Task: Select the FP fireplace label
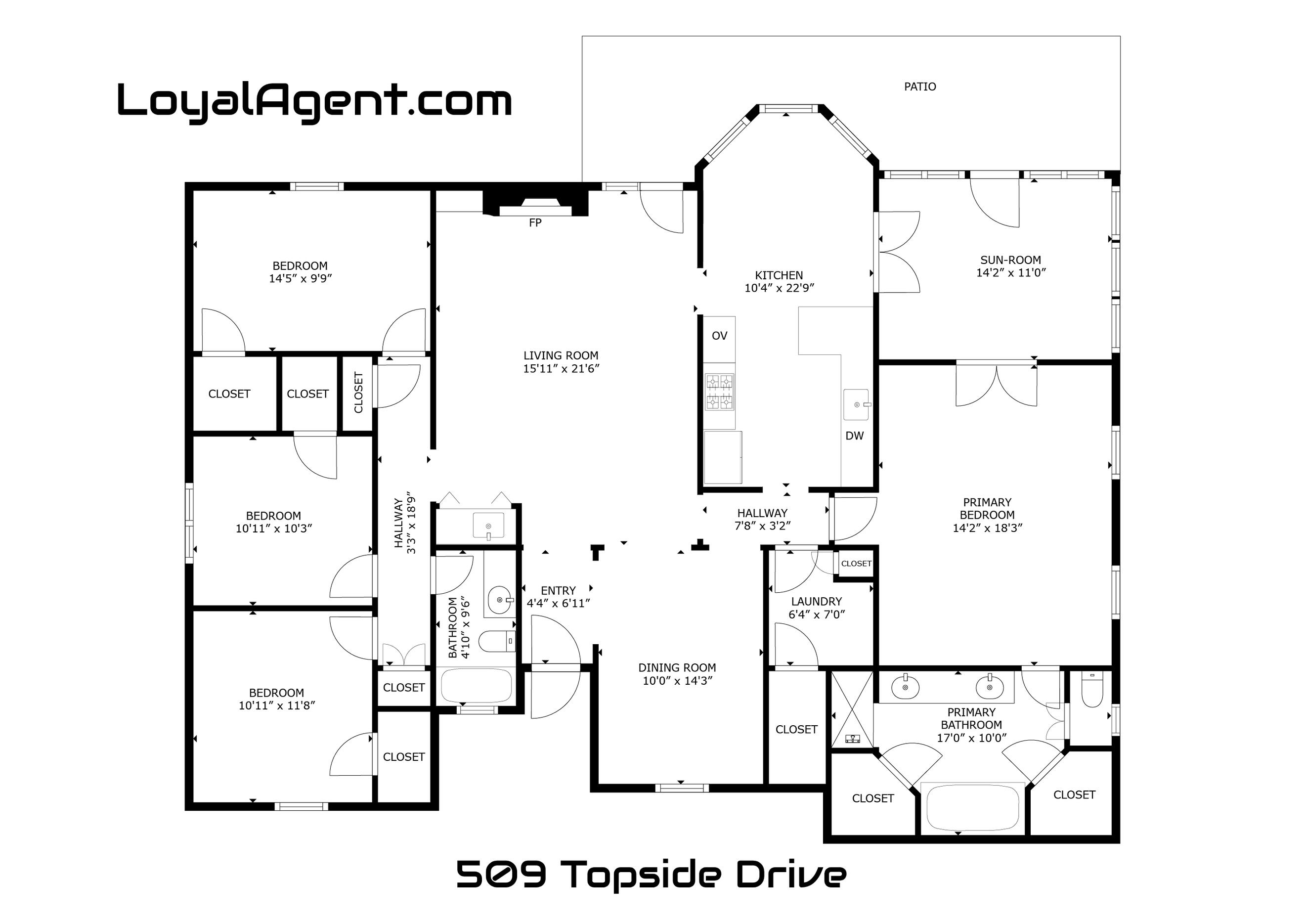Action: [535, 223]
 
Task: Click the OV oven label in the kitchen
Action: [719, 336]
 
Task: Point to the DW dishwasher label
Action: [854, 436]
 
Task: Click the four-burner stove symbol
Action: [720, 392]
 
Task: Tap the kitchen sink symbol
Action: [857, 403]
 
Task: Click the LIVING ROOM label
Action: [561, 356]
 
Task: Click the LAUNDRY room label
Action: [816, 601]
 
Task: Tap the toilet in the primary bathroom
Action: [1092, 690]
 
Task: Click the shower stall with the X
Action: [852, 709]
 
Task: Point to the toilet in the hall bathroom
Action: [497, 642]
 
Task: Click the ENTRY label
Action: [558, 590]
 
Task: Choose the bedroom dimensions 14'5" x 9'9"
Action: [300, 278]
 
